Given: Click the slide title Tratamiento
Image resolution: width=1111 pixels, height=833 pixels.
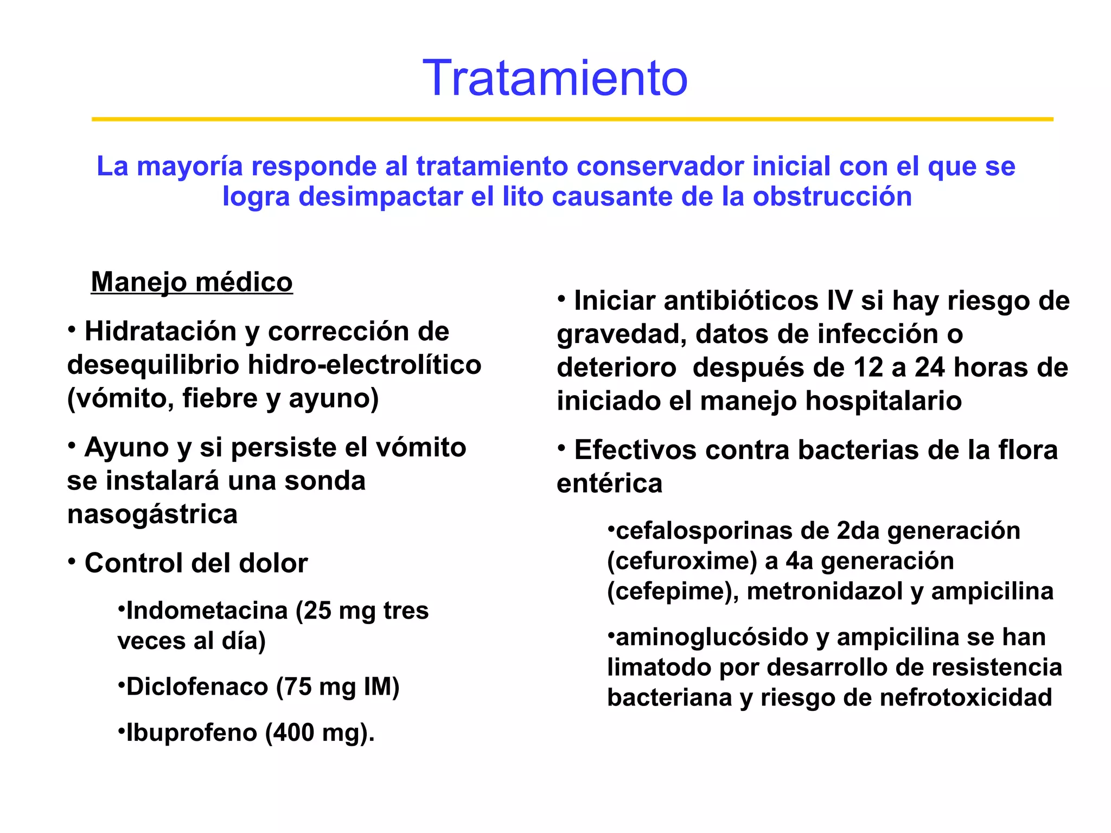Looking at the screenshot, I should [x=555, y=79].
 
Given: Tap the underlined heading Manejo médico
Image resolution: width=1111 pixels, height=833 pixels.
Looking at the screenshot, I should [x=191, y=282].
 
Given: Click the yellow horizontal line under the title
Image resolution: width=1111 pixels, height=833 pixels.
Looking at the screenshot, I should [x=572, y=119].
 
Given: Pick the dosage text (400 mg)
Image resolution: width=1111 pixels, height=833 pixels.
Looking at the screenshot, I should [x=320, y=733].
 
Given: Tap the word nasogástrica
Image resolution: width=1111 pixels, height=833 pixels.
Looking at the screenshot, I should [x=152, y=514].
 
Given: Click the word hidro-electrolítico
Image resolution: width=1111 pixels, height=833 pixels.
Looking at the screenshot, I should [x=365, y=365].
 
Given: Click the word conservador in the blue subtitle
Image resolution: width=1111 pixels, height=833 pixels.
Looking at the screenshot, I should [x=660, y=166].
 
